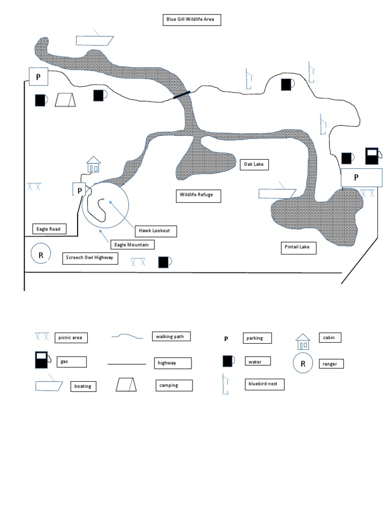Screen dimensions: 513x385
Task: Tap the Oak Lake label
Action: tap(256, 164)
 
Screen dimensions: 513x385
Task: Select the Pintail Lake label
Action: tap(298, 247)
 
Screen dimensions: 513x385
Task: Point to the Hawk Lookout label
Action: tap(155, 231)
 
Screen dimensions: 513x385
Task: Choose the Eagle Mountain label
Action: tap(132, 244)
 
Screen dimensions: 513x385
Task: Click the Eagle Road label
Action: tap(48, 229)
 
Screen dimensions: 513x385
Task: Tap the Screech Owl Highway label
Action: tap(90, 258)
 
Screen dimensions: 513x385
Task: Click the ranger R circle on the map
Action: tap(41, 254)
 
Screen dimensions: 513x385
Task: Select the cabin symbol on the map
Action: tap(93, 164)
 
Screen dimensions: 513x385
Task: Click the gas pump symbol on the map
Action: tap(371, 156)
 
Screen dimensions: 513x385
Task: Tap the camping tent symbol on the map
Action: tap(65, 100)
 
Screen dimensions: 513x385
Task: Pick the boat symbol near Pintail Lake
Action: tap(277, 193)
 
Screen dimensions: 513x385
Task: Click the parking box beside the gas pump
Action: tap(362, 177)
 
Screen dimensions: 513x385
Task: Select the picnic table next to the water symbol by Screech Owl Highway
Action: tap(138, 262)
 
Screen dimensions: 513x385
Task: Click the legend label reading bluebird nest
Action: tap(263, 384)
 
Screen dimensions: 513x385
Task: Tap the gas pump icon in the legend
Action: tap(41, 360)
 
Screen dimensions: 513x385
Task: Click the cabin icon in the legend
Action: tap(303, 342)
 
